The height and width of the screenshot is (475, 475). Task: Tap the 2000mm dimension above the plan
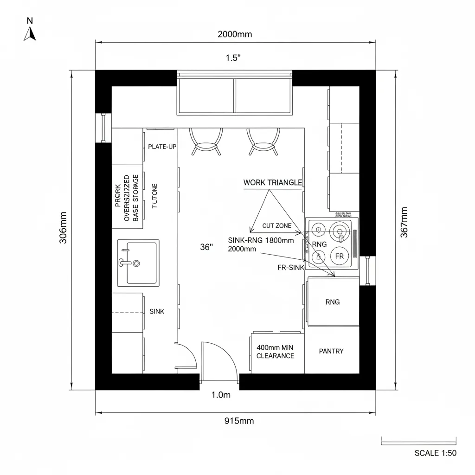pos(235,34)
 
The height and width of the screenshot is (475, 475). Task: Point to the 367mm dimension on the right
pos(404,222)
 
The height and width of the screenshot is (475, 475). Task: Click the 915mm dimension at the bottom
pos(239,421)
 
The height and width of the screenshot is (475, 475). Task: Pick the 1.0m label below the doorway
pos(221,395)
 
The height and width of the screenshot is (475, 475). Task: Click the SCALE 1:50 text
pos(435,453)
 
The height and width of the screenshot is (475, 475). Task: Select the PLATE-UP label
pos(162,147)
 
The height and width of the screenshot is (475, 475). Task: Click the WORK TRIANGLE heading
pos(272,183)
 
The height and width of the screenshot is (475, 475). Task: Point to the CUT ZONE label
pos(277,226)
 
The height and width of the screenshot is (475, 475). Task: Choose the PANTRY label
pos(331,351)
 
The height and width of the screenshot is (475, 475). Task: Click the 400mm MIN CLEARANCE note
pos(275,352)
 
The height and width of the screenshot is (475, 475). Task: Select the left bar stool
pos(204,141)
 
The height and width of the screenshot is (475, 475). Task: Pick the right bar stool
pos(261,141)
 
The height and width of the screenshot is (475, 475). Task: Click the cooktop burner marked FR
pos(340,256)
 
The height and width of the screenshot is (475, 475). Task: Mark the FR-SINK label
pos(291,268)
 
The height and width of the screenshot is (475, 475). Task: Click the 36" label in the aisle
pos(206,248)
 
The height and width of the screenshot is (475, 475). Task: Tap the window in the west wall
pos(103,128)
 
